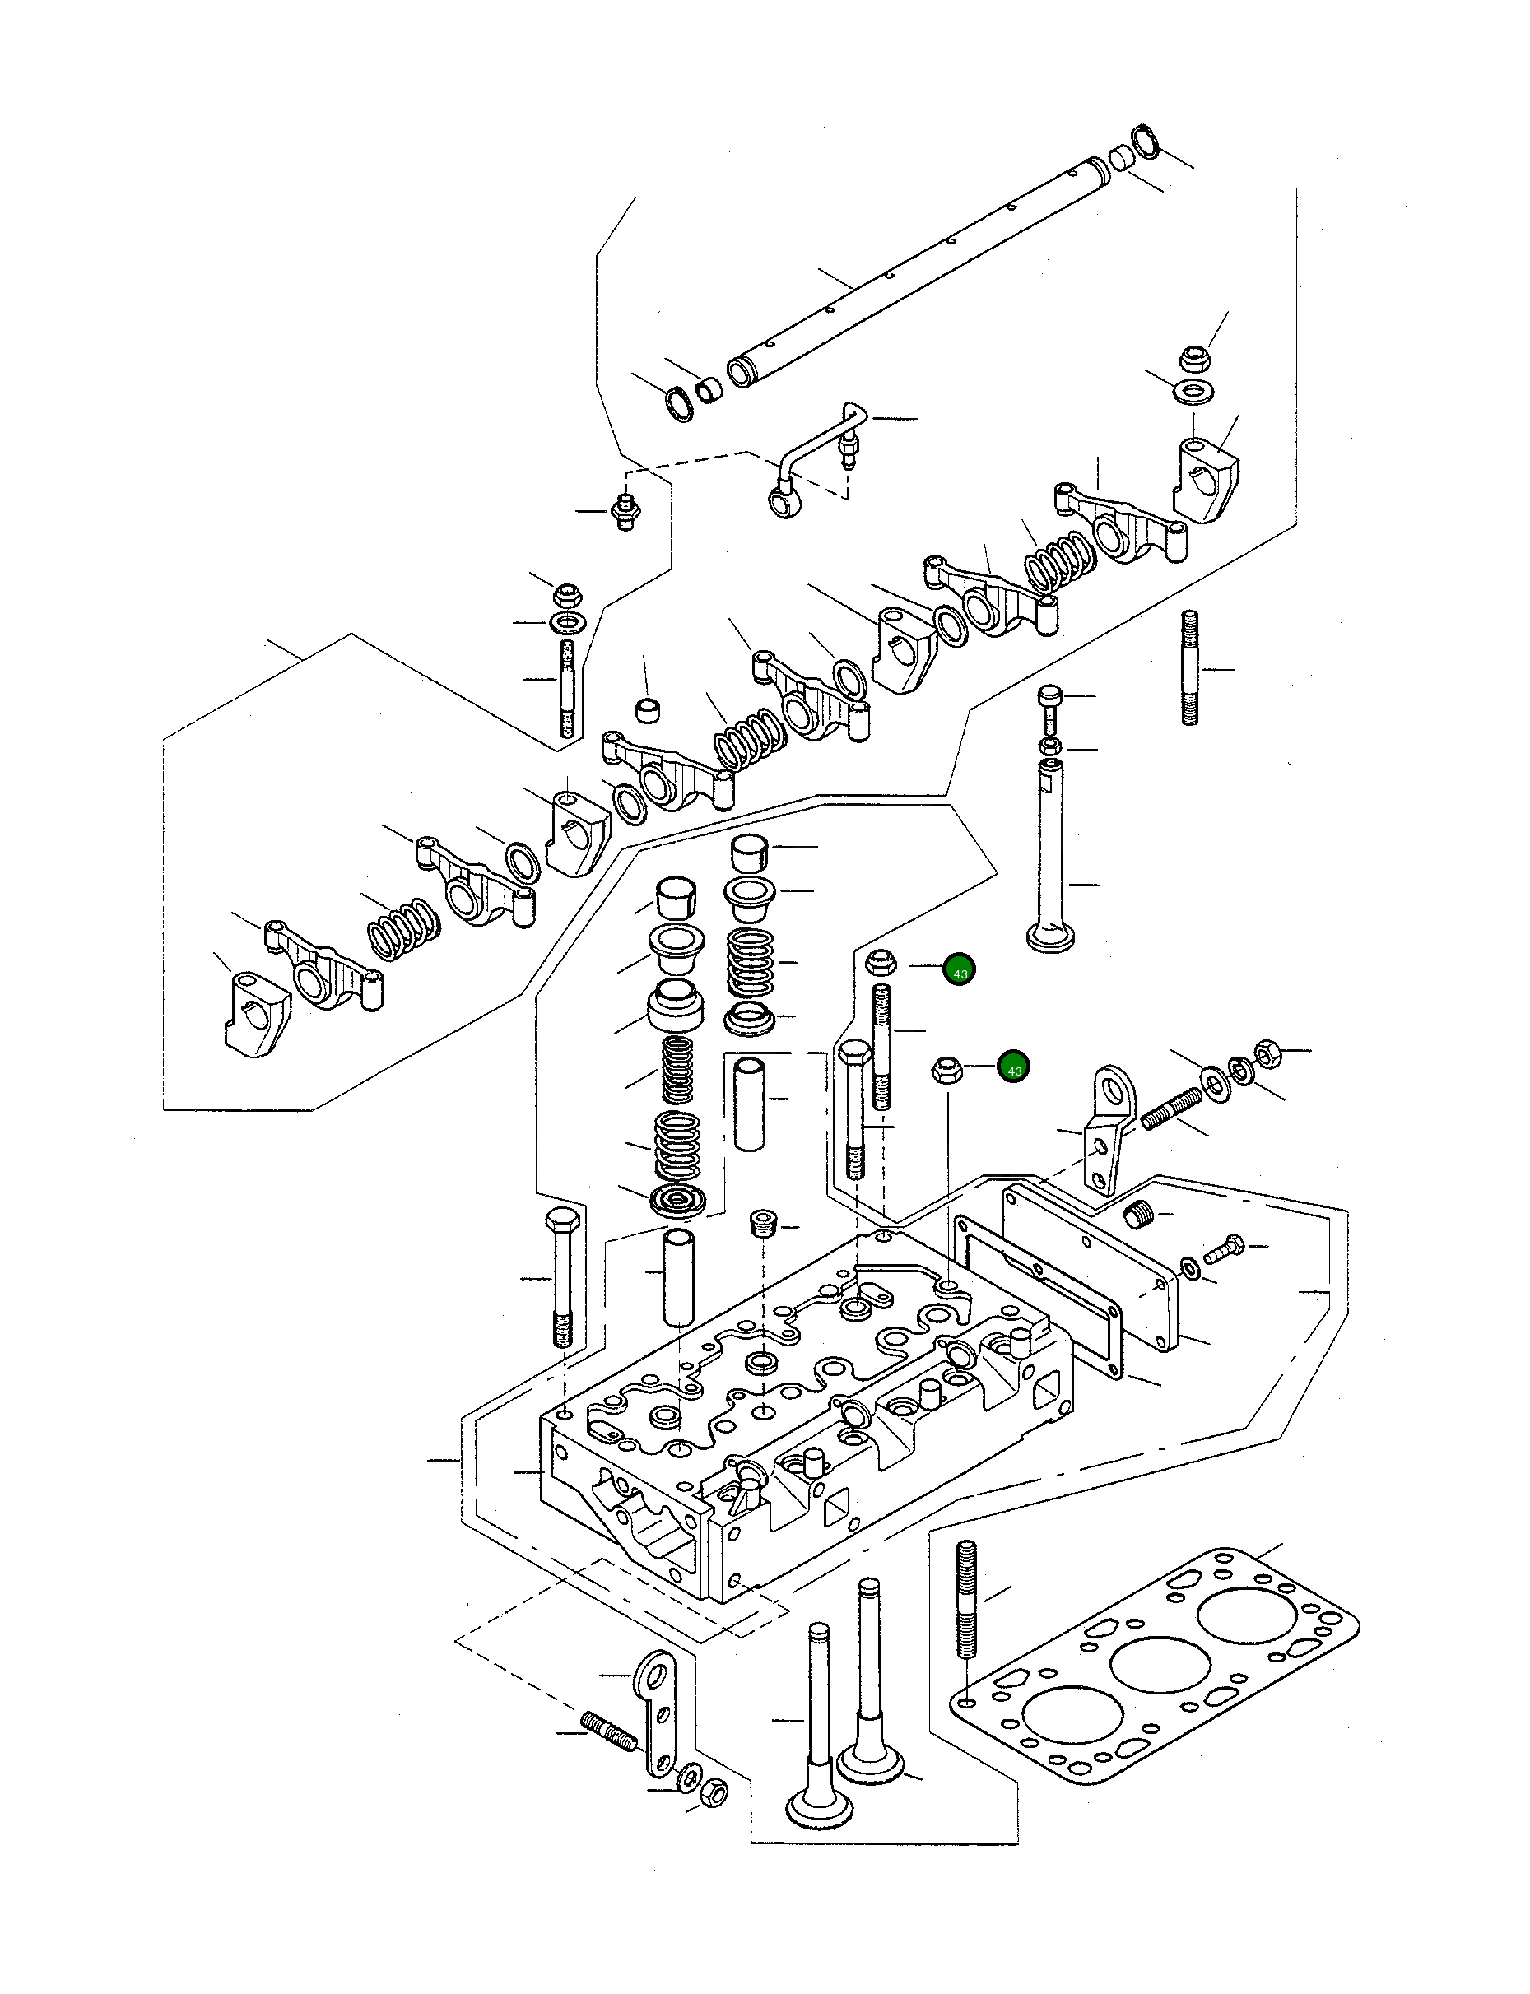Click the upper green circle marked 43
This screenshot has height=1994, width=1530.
pos(959,970)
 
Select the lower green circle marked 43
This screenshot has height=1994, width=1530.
pos(1014,1067)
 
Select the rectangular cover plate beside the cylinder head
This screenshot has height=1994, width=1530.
pos(1088,1266)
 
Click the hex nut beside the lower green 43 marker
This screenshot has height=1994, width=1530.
pos(947,1069)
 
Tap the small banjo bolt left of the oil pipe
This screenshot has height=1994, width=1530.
pos(624,513)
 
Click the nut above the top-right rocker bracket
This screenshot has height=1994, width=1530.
pos(1194,358)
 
